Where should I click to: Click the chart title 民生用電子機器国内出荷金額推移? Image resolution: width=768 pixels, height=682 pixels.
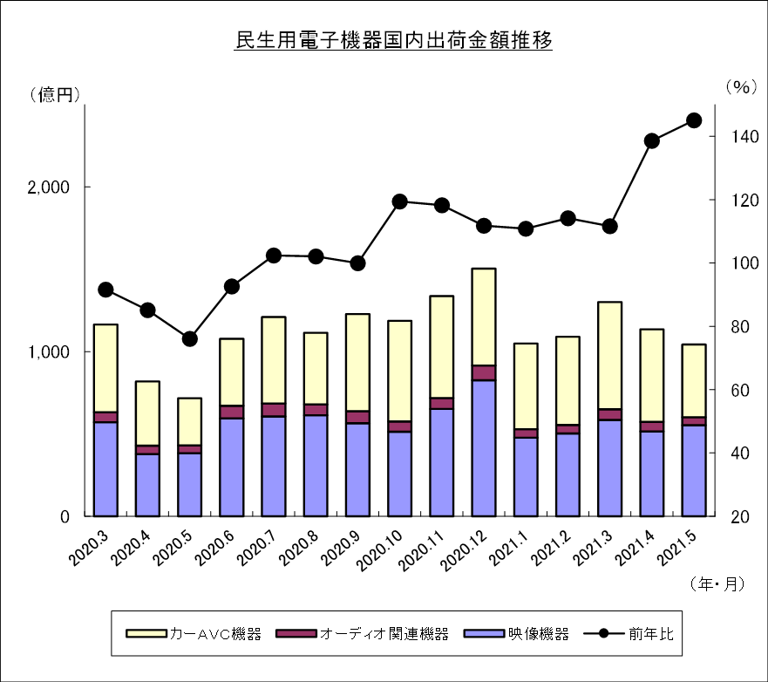click(x=394, y=41)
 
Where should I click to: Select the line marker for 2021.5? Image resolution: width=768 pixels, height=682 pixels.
click(x=694, y=120)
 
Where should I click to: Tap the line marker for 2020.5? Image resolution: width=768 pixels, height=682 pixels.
click(x=189, y=339)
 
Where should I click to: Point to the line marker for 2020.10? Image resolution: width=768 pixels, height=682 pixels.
click(x=399, y=201)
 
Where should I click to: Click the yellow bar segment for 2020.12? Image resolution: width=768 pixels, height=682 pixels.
click(x=484, y=317)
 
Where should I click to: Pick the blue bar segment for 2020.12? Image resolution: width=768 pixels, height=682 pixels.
click(x=484, y=448)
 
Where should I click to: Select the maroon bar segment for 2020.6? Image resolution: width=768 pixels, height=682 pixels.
click(x=232, y=412)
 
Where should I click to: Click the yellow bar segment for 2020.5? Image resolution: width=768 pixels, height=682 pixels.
click(x=189, y=422)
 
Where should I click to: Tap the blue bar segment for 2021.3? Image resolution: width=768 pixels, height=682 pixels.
click(x=610, y=468)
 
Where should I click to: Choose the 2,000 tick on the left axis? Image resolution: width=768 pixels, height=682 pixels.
click(x=49, y=188)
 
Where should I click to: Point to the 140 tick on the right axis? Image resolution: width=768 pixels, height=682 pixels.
click(x=744, y=137)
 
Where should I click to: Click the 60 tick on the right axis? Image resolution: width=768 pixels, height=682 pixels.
click(x=740, y=390)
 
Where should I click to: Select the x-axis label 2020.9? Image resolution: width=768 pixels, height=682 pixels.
click(x=342, y=549)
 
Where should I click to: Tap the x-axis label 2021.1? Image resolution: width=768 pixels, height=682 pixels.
click(x=509, y=549)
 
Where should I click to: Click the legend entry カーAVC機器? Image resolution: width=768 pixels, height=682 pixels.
click(x=194, y=634)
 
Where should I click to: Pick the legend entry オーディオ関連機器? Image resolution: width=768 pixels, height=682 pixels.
click(x=362, y=634)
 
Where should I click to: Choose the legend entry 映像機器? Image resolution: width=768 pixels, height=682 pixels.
click(x=516, y=634)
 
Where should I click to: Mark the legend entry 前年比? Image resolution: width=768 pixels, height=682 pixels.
click(x=629, y=634)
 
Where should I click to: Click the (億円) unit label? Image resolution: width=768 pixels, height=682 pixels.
click(x=54, y=94)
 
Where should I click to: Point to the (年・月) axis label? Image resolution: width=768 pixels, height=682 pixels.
click(x=717, y=583)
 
